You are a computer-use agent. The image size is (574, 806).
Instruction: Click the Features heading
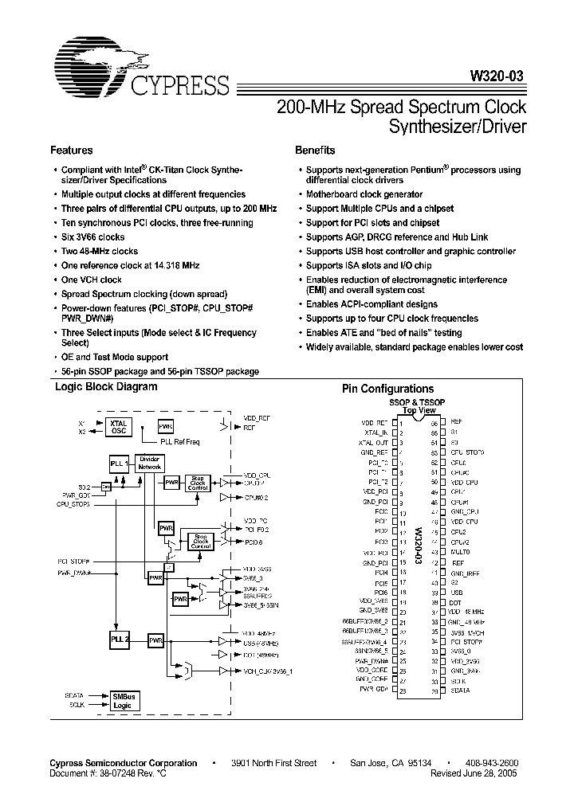coord(72,150)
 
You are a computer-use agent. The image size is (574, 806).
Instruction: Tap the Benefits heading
coord(315,150)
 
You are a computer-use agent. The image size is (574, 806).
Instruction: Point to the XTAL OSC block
coord(118,426)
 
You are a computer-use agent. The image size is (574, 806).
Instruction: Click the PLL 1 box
coord(118,464)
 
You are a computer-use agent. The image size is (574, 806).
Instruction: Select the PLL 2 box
coord(119,639)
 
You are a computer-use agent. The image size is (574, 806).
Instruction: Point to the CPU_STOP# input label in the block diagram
coord(73,504)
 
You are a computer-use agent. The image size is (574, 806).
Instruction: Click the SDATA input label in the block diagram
coord(74,694)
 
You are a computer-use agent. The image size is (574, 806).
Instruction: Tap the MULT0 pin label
coord(460,552)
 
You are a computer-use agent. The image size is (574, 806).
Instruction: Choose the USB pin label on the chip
coord(457,592)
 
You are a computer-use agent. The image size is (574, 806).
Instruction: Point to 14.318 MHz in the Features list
coord(170,265)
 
